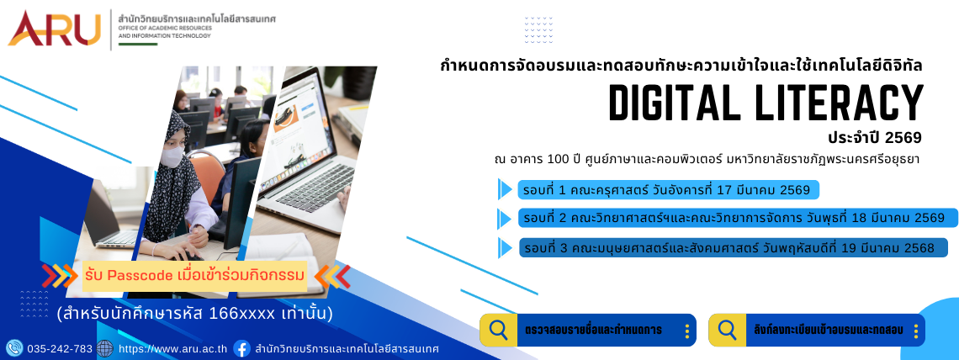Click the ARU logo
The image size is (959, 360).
[x=54, y=28]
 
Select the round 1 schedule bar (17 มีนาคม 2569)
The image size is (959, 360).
[x=668, y=190]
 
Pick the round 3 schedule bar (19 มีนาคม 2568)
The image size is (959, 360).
[x=733, y=247]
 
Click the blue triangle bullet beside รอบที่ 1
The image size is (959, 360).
[x=505, y=189]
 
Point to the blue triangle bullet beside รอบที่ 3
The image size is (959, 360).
[x=505, y=247]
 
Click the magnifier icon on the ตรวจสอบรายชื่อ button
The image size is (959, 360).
[x=499, y=330]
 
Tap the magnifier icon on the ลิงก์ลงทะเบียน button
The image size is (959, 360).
[x=727, y=330]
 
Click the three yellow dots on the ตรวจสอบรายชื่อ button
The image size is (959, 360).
[x=686, y=331]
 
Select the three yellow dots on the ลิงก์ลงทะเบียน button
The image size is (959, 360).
[x=915, y=331]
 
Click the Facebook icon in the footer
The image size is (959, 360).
[x=242, y=349]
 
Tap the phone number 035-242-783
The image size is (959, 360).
[x=60, y=349]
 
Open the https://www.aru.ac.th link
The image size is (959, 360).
[x=172, y=349]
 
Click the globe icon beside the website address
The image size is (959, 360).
[x=104, y=348]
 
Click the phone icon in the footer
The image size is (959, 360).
[x=14, y=348]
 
